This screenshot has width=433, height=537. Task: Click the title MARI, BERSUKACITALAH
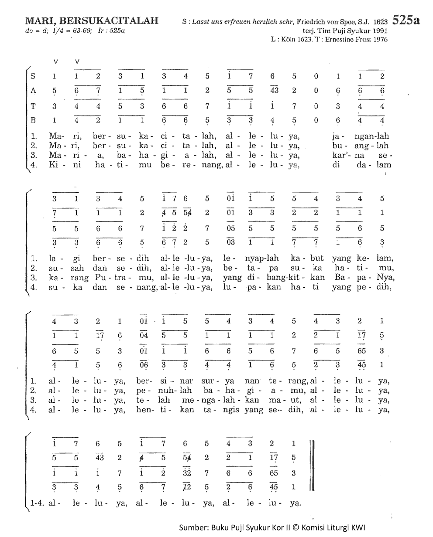[92, 21]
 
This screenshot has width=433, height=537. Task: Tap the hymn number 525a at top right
[406, 20]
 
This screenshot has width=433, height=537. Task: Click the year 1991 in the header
[379, 31]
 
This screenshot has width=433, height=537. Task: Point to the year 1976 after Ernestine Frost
[379, 39]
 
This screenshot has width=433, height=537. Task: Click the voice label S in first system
[33, 76]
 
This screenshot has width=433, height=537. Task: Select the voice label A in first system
[33, 91]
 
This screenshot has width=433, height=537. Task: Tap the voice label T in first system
[33, 106]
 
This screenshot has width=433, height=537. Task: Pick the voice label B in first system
[33, 121]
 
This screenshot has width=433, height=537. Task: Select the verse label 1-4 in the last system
[38, 503]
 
